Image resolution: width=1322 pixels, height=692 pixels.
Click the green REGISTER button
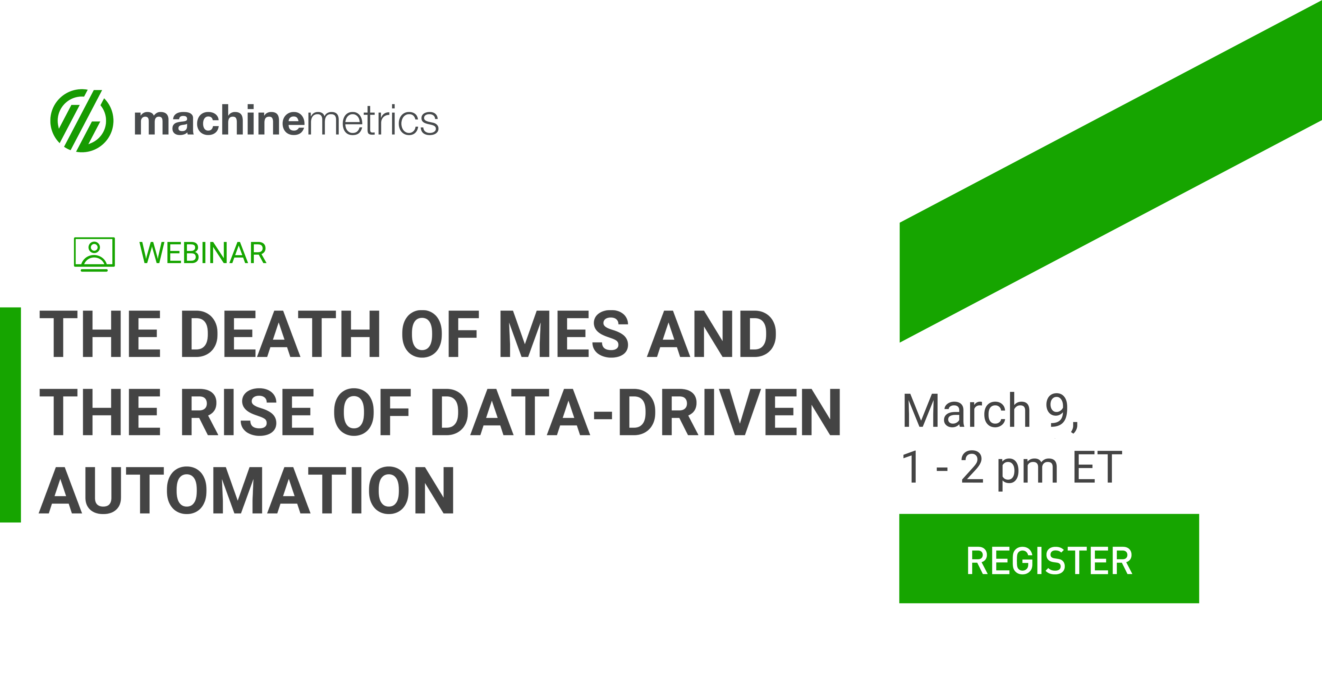tap(1049, 558)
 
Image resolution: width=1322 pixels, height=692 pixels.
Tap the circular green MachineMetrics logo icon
tap(82, 121)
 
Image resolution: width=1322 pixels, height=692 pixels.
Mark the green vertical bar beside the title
tap(10, 415)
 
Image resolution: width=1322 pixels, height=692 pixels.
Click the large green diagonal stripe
tap(1110, 171)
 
